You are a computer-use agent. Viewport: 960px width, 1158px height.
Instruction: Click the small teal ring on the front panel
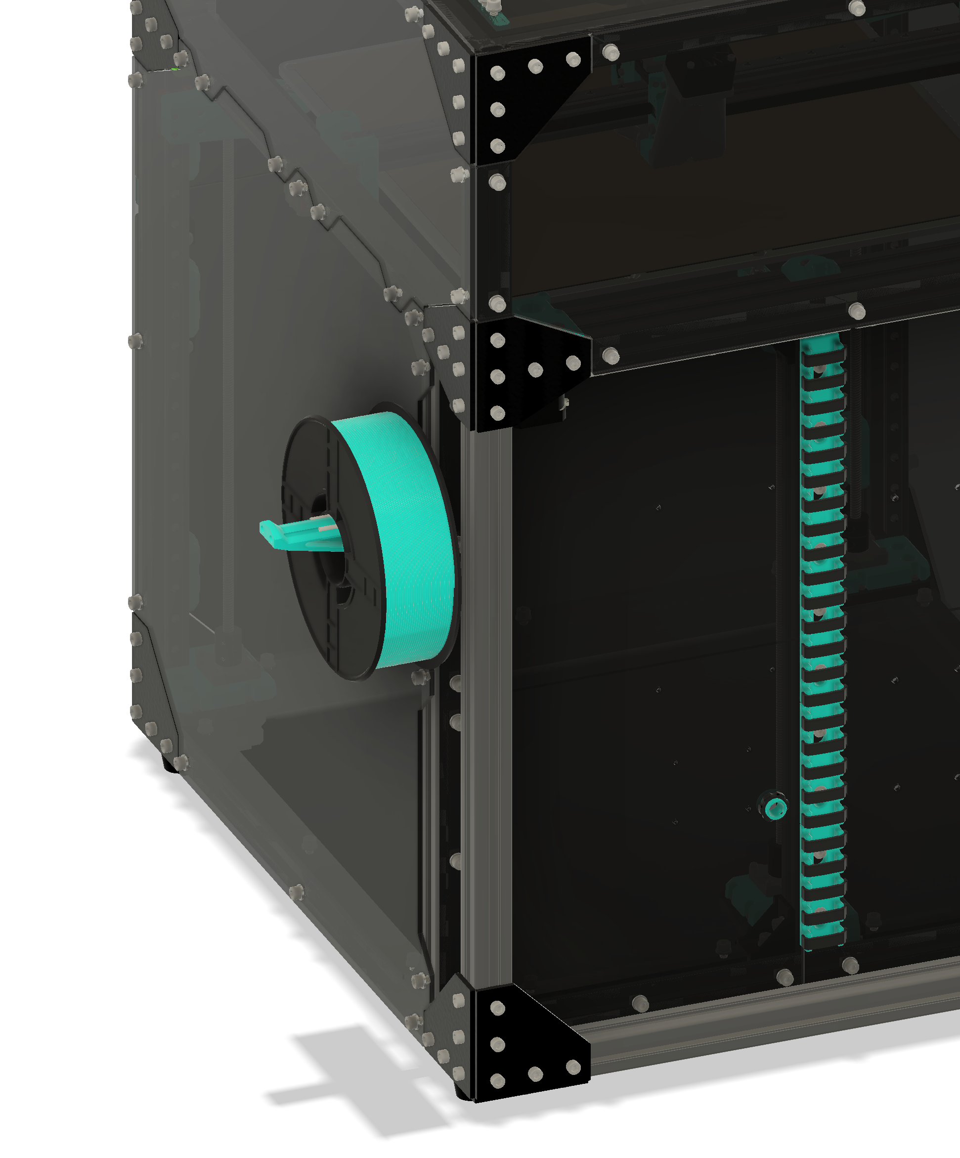[x=775, y=808]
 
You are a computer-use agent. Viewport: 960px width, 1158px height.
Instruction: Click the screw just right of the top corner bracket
[x=611, y=53]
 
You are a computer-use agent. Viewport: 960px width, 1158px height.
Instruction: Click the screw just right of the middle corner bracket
[x=611, y=356]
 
